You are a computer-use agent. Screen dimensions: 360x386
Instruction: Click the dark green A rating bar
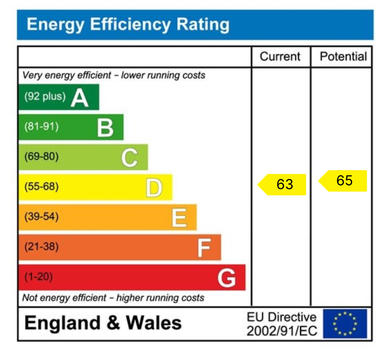(59, 97)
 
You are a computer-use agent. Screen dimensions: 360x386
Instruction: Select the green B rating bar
(71, 127)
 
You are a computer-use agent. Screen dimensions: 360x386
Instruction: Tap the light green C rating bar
(83, 157)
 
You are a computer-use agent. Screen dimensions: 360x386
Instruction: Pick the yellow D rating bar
(95, 187)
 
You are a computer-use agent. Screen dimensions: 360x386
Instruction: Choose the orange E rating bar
(107, 217)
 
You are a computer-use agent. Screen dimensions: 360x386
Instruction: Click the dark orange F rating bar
(119, 247)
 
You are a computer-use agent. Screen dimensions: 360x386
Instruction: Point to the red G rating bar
(131, 277)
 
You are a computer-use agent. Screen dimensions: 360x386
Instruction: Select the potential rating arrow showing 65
(343, 181)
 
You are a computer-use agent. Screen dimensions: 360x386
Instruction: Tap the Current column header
(280, 56)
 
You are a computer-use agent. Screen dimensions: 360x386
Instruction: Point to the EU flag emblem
(345, 324)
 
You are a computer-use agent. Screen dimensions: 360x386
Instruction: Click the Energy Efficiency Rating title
(128, 25)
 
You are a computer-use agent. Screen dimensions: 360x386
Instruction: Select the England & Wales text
(103, 323)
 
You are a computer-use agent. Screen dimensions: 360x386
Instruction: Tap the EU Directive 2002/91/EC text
(282, 324)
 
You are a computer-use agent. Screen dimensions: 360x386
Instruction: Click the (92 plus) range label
(45, 96)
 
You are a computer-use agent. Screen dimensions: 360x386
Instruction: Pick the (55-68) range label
(41, 187)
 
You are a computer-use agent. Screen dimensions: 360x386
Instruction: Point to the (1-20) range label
(38, 277)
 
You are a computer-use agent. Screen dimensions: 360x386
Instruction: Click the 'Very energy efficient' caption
(114, 75)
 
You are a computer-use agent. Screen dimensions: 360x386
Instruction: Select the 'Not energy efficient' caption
(113, 298)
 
